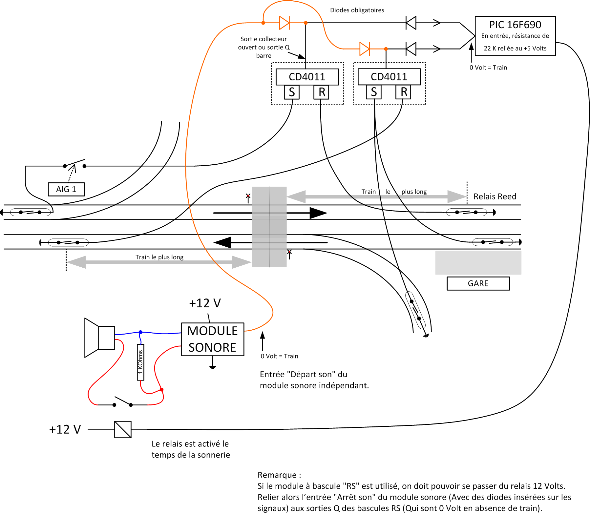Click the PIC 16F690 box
click(515, 36)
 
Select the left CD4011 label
click(307, 77)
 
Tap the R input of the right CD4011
click(404, 92)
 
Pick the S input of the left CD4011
click(292, 92)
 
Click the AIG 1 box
click(66, 189)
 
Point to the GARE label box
click(478, 283)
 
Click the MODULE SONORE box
click(213, 339)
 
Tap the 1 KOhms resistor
click(140, 362)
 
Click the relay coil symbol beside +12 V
click(123, 429)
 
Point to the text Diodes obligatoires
click(357, 10)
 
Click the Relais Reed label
click(495, 196)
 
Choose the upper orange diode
click(284, 23)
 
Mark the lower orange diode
click(365, 49)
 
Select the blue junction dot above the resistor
click(140, 332)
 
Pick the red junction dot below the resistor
click(161, 390)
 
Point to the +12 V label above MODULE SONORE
click(205, 303)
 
